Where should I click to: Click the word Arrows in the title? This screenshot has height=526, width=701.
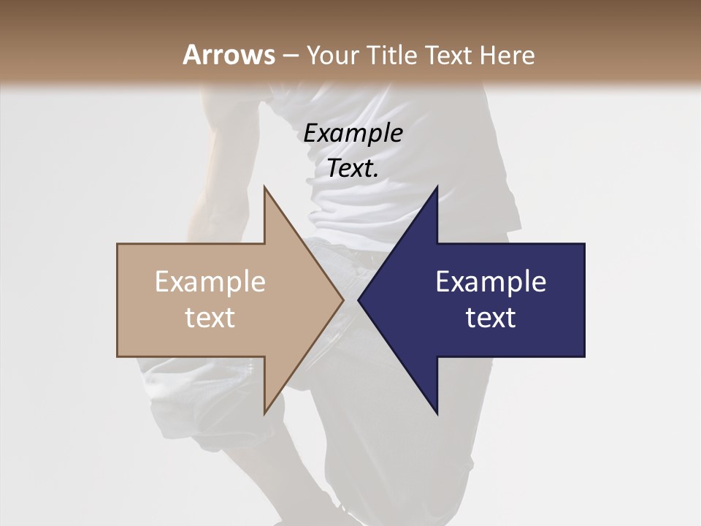click(229, 55)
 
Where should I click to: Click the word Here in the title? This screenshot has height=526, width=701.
click(509, 55)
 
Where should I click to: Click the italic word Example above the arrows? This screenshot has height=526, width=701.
click(353, 133)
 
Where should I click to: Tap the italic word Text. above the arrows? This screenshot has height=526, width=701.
click(353, 169)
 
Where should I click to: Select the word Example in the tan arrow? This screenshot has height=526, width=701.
click(210, 281)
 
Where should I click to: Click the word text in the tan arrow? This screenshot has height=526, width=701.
click(210, 318)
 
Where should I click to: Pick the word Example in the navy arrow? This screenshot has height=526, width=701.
click(491, 281)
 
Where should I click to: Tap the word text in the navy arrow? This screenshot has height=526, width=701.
click(491, 318)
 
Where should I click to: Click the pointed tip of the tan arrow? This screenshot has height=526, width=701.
click(342, 300)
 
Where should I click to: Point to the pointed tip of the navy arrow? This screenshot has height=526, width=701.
click(359, 300)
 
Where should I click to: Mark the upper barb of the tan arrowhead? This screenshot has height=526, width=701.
click(265, 188)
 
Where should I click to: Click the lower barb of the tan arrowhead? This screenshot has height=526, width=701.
click(265, 413)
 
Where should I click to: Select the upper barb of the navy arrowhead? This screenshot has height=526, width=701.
click(437, 188)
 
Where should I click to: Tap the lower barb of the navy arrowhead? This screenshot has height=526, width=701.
click(437, 413)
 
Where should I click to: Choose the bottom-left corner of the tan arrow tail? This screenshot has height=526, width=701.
click(118, 356)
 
